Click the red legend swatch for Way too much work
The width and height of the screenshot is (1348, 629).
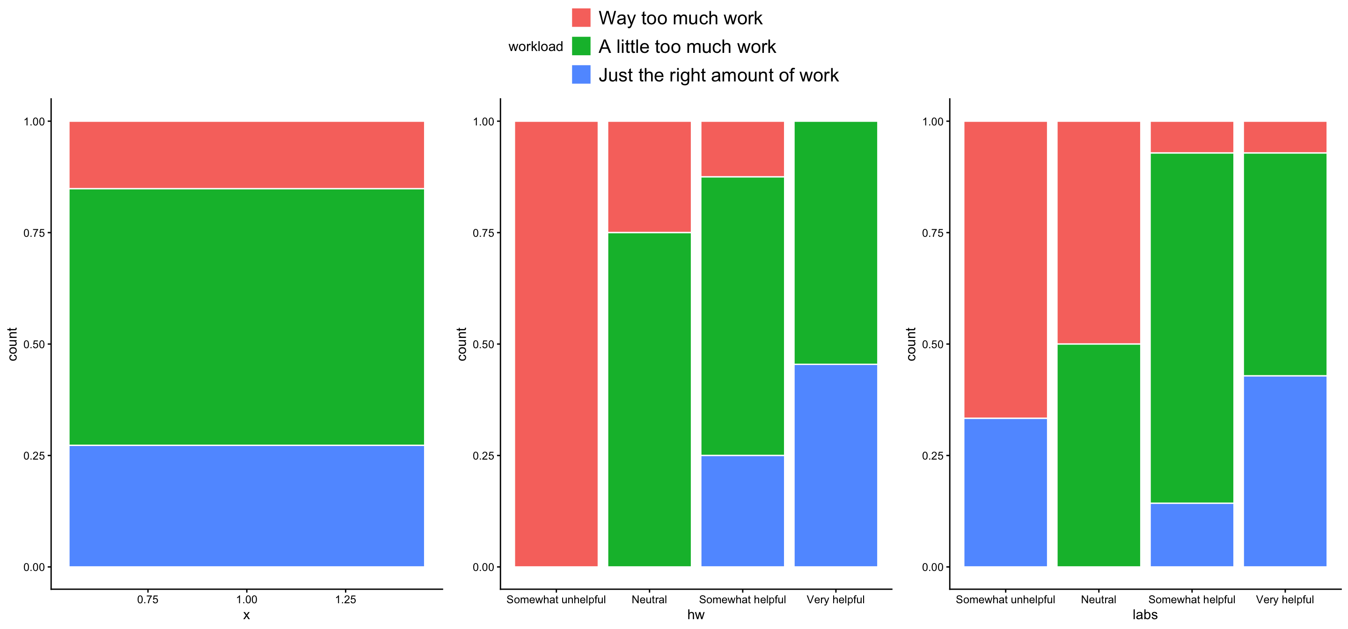tap(581, 18)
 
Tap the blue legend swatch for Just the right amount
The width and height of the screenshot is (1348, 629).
tap(581, 75)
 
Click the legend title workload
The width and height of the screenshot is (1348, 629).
tap(535, 47)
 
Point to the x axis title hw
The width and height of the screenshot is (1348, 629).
tap(696, 615)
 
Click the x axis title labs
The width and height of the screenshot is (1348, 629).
tap(1145, 615)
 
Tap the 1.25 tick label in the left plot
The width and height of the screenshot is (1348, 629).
tap(345, 600)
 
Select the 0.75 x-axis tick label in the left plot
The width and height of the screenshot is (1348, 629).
tap(147, 600)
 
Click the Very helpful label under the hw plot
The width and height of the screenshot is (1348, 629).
tap(835, 600)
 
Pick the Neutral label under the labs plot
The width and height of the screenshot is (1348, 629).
tap(1099, 600)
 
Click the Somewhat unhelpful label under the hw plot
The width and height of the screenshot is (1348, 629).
tap(556, 600)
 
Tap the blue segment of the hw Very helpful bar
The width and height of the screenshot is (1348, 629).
tap(835, 465)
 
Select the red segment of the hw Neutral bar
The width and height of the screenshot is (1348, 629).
tap(649, 177)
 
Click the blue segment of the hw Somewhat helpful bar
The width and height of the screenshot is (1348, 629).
tap(742, 511)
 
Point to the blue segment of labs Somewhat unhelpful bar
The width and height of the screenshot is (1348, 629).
tap(1005, 492)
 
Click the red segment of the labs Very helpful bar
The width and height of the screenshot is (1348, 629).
tap(1285, 137)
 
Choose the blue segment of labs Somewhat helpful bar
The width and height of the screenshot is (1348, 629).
tap(1192, 534)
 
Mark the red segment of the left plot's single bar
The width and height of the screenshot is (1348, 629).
tap(247, 155)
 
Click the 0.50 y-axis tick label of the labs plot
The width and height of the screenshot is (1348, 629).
tap(932, 344)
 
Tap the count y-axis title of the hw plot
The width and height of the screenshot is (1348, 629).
tap(462, 344)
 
